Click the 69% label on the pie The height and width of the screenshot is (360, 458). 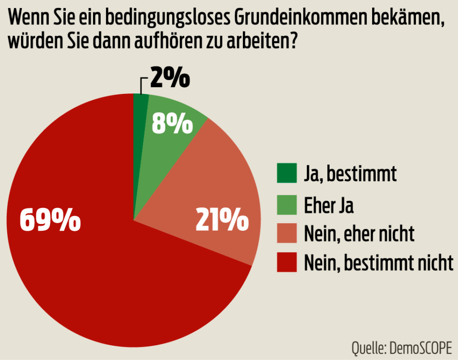(50, 221)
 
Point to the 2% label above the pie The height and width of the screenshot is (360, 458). (170, 78)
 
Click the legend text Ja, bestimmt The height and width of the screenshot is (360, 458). (350, 175)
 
